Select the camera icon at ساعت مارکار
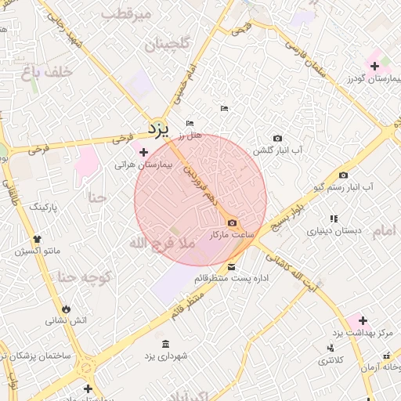click(x=231, y=223)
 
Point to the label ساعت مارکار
click(x=228, y=235)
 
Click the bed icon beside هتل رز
click(x=190, y=123)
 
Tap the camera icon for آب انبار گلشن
click(x=277, y=138)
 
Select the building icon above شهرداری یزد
click(x=165, y=344)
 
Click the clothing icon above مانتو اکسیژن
click(x=36, y=240)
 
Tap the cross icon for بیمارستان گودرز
click(x=374, y=65)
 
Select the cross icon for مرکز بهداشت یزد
click(x=362, y=320)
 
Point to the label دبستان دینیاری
click(x=334, y=232)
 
